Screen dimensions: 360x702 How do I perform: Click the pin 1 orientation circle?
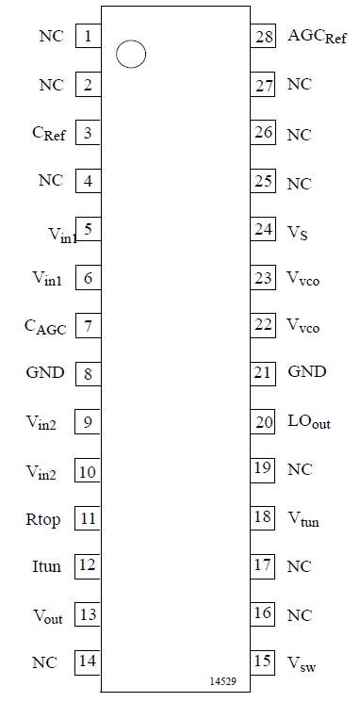coord(131,55)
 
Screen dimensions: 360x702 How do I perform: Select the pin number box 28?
coord(263,37)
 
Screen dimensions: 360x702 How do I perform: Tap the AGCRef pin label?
coord(317,37)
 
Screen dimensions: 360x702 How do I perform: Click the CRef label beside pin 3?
coord(49,134)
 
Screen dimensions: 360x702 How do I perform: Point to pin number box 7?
coord(88,326)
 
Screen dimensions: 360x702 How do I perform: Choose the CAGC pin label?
coord(45,327)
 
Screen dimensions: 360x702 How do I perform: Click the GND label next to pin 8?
coord(45,372)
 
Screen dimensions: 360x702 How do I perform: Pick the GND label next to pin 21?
coord(307,371)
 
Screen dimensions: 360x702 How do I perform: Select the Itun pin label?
coord(46,565)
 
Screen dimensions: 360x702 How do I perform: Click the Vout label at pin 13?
coord(47,616)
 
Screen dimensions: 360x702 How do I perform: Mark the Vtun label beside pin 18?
coord(303,518)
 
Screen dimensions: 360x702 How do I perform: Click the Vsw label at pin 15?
coord(302,663)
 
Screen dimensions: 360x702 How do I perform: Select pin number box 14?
coord(88,661)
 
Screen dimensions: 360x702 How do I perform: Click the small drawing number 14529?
coord(222,680)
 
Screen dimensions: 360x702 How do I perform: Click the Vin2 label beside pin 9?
coord(41,423)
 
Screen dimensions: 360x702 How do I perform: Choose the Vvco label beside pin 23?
coord(303,278)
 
